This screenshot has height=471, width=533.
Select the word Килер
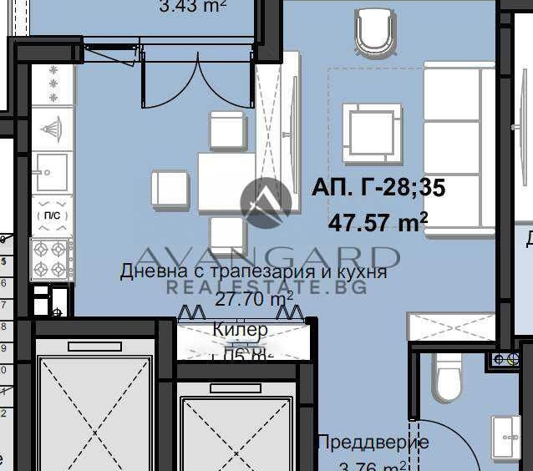pyautogui.click(x=241, y=330)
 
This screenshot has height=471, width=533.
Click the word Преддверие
pyautogui.click(x=372, y=442)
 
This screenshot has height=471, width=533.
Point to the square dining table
pyautogui.click(x=226, y=183)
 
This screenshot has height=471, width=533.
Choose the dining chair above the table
pyautogui.click(x=226, y=130)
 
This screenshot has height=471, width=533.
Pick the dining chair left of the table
pyautogui.click(x=170, y=189)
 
